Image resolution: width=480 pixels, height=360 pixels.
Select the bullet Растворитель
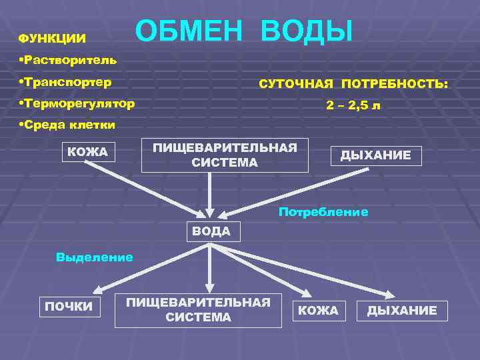(69, 60)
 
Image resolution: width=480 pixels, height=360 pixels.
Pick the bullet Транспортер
(66, 83)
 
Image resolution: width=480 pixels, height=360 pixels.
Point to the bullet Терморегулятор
(77, 104)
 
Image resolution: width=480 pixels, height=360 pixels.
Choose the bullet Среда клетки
(68, 125)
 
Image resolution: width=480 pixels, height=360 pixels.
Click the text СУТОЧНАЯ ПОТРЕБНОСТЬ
(353, 85)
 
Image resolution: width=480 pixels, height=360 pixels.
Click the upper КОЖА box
(87, 153)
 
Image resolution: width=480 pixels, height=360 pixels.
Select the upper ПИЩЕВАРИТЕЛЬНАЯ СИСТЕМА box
(225, 155)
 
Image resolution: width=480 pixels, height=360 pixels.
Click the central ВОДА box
(211, 231)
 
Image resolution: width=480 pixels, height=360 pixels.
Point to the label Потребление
(323, 212)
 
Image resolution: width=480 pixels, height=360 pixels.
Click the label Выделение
(95, 257)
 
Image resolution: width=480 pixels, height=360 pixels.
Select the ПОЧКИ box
(69, 307)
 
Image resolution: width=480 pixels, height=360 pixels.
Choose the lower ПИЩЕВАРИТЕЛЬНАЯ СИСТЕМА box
(198, 310)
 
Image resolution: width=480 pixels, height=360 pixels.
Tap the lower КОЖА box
(318, 310)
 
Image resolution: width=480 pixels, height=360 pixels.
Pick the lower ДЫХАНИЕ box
(402, 310)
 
